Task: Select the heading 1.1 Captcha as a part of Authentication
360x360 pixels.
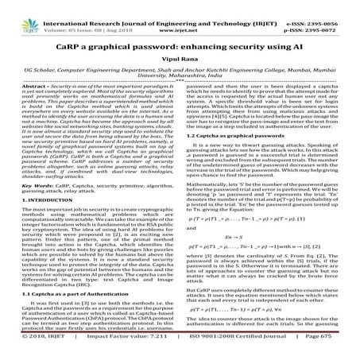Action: coord(70,294)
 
